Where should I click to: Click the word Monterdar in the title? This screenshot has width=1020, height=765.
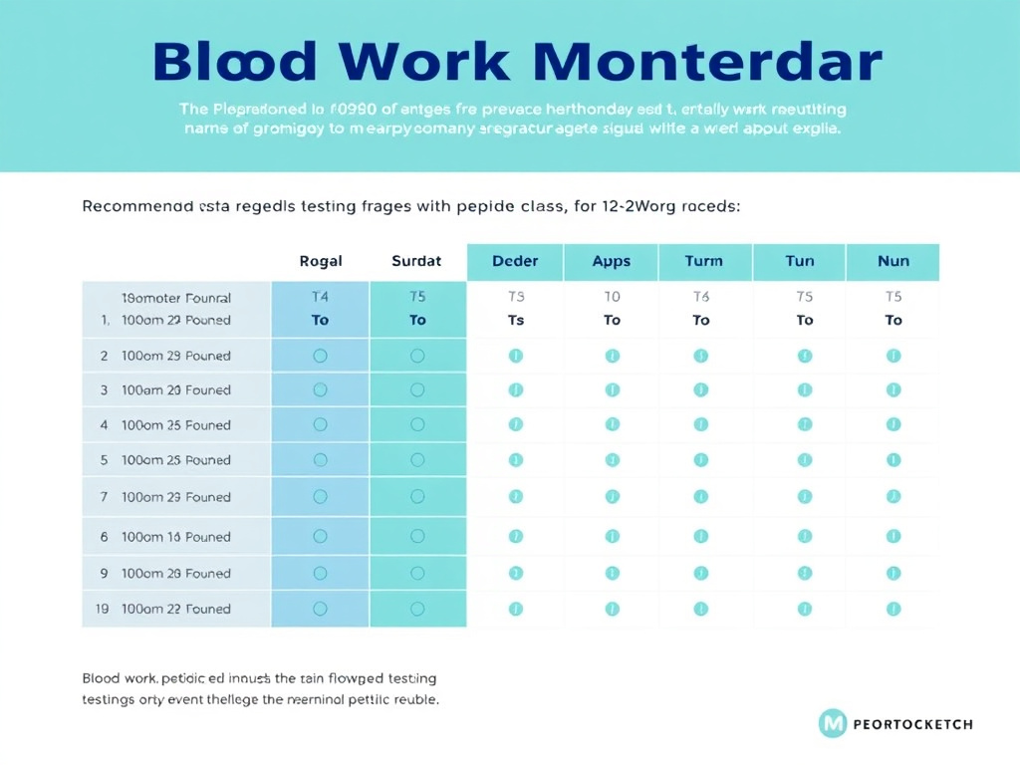click(x=707, y=62)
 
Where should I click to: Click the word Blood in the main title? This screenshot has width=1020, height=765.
click(x=236, y=62)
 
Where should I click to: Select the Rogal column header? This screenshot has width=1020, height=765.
click(x=320, y=261)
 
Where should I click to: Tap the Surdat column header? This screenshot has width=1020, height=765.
click(x=416, y=261)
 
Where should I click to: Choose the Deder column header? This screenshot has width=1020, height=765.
click(x=515, y=261)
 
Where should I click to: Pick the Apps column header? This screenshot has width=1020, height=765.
click(x=611, y=261)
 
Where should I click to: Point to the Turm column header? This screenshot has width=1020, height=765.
click(x=703, y=261)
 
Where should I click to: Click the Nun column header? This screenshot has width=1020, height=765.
click(x=892, y=261)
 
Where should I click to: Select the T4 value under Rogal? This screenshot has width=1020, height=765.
click(x=320, y=297)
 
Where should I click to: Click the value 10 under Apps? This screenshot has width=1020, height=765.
click(x=612, y=297)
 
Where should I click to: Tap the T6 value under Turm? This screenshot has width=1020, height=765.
click(x=701, y=297)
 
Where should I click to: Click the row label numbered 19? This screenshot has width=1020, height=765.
click(x=103, y=609)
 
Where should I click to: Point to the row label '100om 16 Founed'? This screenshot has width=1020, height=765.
click(x=175, y=537)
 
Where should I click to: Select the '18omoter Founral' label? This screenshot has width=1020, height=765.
click(x=175, y=298)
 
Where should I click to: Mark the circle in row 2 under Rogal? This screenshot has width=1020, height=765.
click(x=320, y=356)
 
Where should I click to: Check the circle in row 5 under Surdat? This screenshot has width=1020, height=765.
click(x=417, y=460)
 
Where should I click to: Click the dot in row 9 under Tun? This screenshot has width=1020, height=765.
click(x=805, y=573)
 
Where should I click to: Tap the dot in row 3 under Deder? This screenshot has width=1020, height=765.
click(x=515, y=390)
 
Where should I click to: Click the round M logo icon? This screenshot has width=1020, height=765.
click(x=832, y=724)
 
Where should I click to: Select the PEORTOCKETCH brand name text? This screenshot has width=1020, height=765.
click(x=912, y=724)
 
